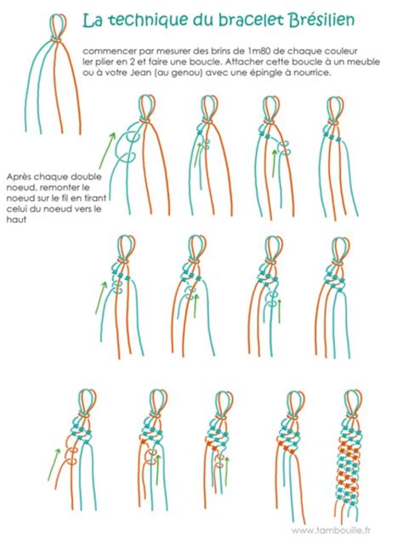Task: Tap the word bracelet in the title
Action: coord(251,20)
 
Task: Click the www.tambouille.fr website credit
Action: coord(331,530)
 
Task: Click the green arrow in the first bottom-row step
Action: coord(54,464)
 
